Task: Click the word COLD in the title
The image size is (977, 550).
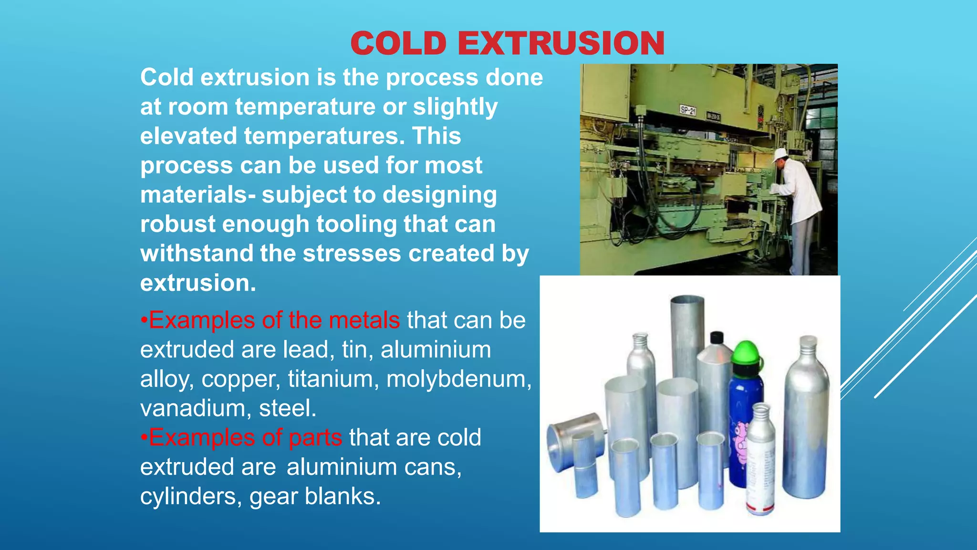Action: click(398, 43)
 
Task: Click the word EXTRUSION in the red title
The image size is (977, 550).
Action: click(561, 43)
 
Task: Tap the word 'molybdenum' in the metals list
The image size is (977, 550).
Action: click(458, 379)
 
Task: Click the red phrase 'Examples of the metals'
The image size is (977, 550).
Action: click(274, 320)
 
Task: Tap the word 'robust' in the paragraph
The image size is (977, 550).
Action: click(177, 224)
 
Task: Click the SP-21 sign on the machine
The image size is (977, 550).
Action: click(687, 111)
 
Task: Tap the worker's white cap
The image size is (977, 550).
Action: click(780, 154)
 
